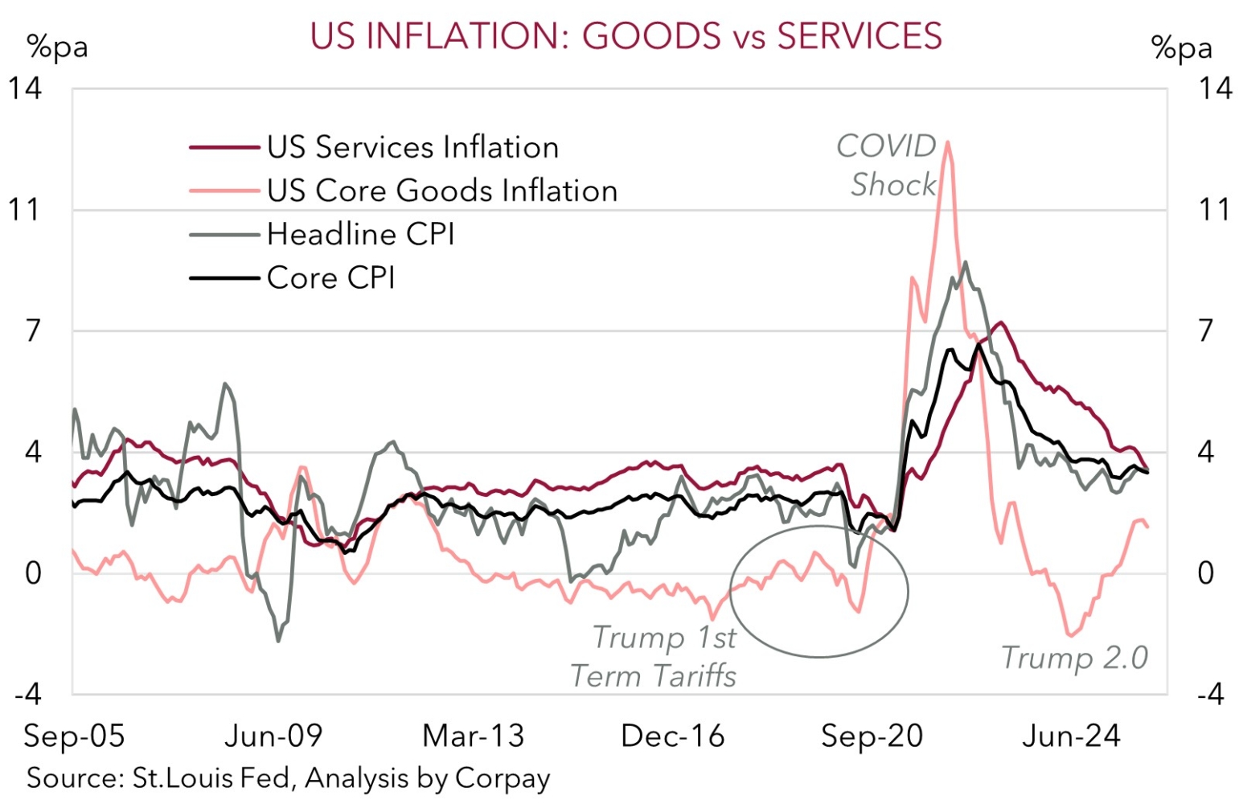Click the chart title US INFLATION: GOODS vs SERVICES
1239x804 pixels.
(x=626, y=37)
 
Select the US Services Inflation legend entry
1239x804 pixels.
(x=412, y=148)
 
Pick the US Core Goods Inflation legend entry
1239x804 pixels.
(x=442, y=191)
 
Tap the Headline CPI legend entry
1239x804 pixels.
(x=360, y=234)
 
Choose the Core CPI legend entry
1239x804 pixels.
(x=330, y=277)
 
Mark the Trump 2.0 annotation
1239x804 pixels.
(x=1074, y=658)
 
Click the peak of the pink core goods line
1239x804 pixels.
(x=948, y=142)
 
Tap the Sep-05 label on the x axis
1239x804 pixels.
(x=74, y=736)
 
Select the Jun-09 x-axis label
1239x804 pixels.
(x=273, y=736)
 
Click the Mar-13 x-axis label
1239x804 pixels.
(x=473, y=736)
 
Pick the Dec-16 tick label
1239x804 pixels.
(x=672, y=736)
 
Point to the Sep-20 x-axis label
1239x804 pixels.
(x=872, y=736)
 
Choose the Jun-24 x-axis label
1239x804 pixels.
(x=1071, y=736)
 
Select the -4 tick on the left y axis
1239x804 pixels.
(x=27, y=693)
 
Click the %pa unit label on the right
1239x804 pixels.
(x=1181, y=48)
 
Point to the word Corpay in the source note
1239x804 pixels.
(x=503, y=778)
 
